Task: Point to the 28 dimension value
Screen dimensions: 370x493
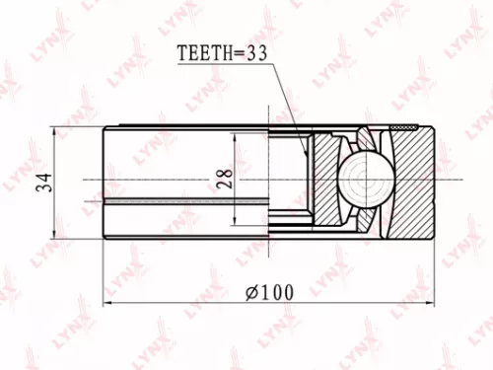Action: click(x=225, y=179)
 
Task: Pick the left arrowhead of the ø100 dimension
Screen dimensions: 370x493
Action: click(x=108, y=303)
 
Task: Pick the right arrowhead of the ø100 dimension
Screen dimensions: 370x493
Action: click(x=431, y=303)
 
